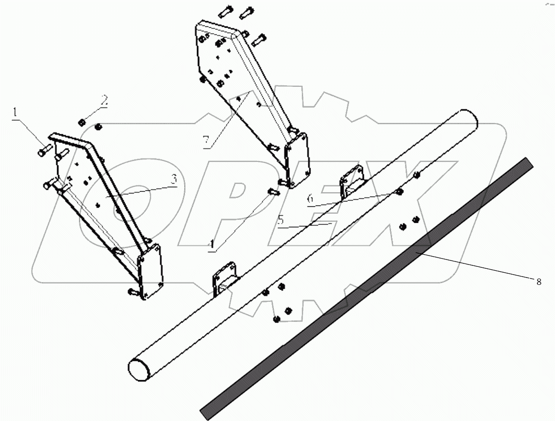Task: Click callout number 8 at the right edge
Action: (x=538, y=281)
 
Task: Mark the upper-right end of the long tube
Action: (x=465, y=119)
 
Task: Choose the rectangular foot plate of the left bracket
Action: (x=151, y=274)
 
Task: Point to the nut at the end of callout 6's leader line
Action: (x=399, y=192)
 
